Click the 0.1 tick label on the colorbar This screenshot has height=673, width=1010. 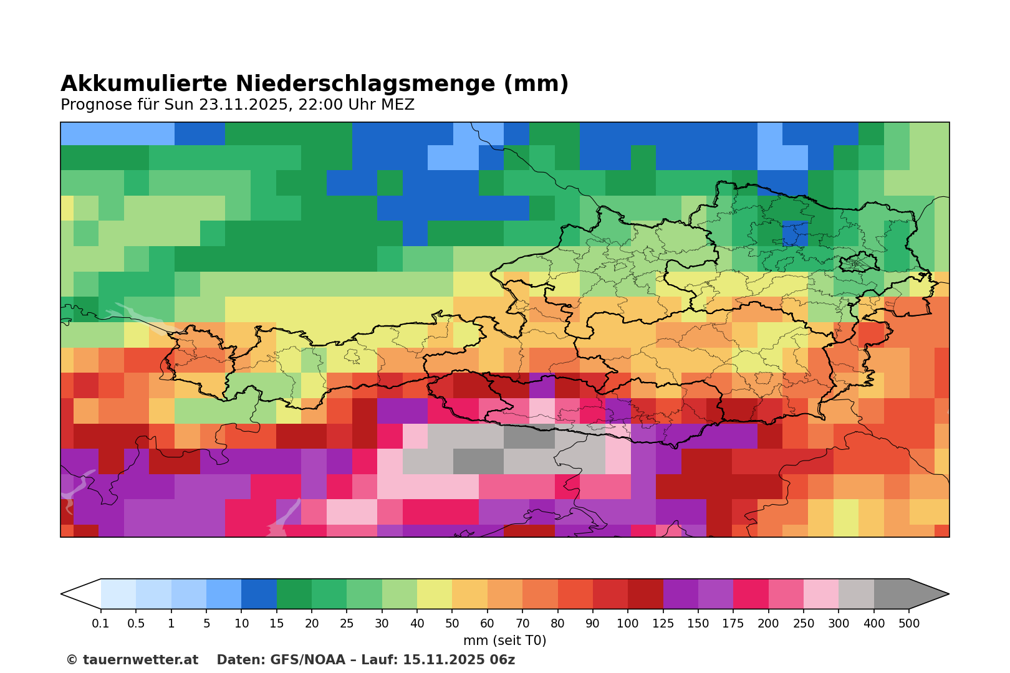[x=101, y=624]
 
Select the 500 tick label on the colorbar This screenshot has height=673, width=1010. [x=909, y=624]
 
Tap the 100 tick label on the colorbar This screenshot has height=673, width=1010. [x=628, y=624]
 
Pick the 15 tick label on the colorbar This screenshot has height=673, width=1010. [x=277, y=624]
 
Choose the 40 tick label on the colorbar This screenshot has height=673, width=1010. [x=417, y=624]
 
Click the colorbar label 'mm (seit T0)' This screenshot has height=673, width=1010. [x=504, y=641]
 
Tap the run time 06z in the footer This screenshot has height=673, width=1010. [x=503, y=660]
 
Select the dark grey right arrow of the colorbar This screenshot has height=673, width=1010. [x=929, y=594]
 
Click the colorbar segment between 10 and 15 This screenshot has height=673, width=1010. [x=259, y=594]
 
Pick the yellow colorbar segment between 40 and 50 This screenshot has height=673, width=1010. [x=435, y=594]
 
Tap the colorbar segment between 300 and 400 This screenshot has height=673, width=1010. [x=856, y=594]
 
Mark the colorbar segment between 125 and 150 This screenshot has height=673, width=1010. [x=680, y=594]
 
